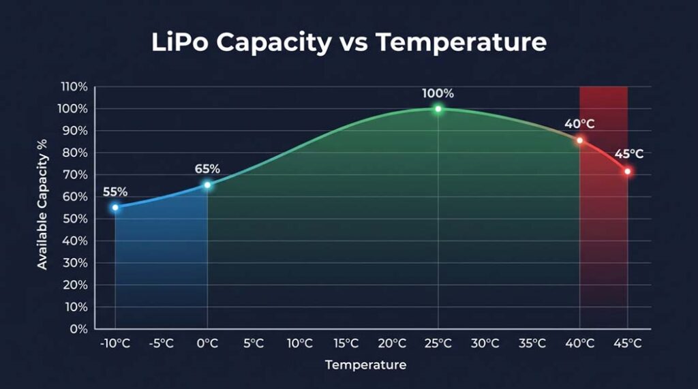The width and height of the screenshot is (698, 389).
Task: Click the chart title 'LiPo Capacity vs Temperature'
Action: click(348, 42)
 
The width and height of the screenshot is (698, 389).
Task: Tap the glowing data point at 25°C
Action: click(438, 109)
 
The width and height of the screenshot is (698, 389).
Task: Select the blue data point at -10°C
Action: click(115, 207)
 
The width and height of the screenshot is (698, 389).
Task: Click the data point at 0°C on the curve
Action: click(208, 185)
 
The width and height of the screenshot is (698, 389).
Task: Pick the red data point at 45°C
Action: click(627, 171)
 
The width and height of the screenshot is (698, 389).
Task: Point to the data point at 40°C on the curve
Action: click(579, 140)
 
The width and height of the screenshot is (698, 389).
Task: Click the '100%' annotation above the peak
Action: click(438, 93)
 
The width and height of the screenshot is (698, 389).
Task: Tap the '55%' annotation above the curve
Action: click(115, 191)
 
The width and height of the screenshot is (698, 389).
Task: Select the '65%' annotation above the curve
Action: click(207, 169)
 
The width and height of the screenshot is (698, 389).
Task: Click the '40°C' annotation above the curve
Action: click(579, 124)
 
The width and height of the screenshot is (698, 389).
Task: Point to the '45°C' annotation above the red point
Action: click(628, 154)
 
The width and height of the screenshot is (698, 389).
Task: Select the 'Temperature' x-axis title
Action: click(365, 365)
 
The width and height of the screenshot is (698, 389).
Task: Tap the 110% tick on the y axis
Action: click(74, 87)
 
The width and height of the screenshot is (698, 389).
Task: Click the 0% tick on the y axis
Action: click(79, 328)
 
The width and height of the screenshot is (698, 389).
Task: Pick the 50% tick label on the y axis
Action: click(76, 219)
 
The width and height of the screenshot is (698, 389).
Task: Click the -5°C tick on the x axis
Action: click(161, 343)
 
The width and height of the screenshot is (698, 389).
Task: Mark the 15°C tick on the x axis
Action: click(346, 343)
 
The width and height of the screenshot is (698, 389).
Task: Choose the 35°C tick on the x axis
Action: click(532, 343)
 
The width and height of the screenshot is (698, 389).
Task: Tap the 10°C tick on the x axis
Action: click(299, 343)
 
